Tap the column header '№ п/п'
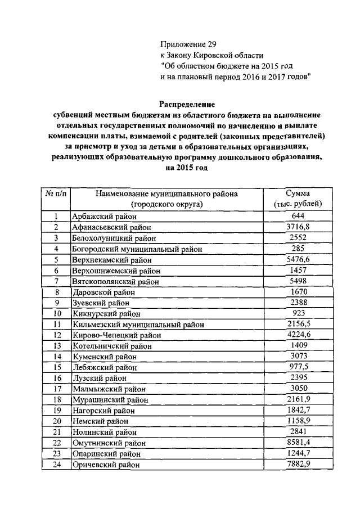56,194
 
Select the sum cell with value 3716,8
297,227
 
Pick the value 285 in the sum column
297,248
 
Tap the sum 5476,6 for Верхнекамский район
297,259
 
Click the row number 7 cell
56,281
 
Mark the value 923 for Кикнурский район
297,313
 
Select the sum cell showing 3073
297,356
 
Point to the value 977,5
297,367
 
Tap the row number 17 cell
56,389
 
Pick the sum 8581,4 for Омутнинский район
297,443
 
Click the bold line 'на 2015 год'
186,168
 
